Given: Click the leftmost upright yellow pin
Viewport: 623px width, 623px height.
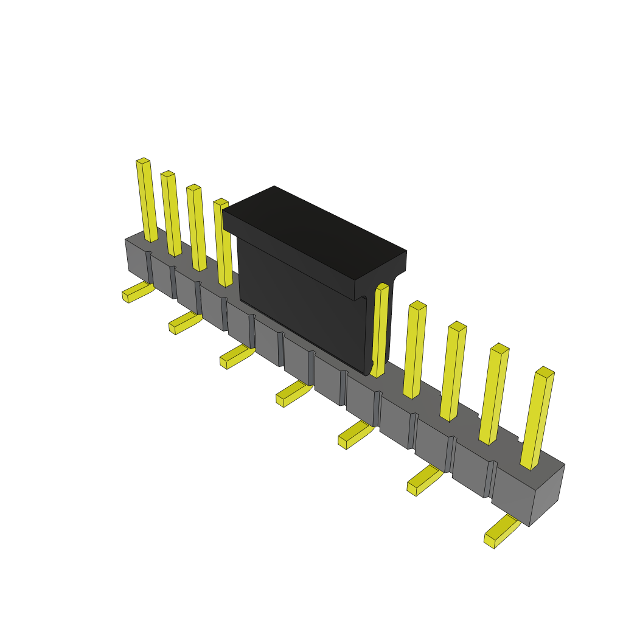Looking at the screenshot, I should pyautogui.click(x=147, y=201).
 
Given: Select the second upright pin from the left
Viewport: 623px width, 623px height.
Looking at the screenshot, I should pyautogui.click(x=171, y=214).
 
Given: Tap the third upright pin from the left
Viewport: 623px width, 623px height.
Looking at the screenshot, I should pyautogui.click(x=197, y=228).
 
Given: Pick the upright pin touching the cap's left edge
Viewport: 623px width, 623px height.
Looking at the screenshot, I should pyautogui.click(x=223, y=243).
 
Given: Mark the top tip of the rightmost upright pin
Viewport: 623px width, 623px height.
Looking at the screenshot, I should pyautogui.click(x=545, y=371).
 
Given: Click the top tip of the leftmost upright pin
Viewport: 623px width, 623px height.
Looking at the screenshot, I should pyautogui.click(x=142, y=161).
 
